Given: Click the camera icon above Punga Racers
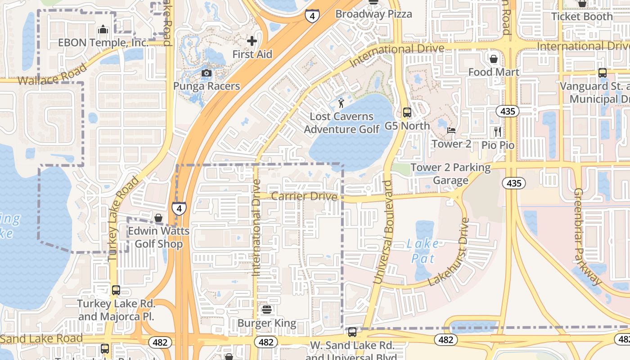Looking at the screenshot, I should tap(207, 73).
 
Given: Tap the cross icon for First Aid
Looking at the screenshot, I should tap(252, 41).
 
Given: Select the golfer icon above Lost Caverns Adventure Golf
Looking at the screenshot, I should tap(342, 103).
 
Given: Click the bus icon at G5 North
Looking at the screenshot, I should tap(407, 112).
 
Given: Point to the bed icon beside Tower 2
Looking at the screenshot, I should tap(451, 130).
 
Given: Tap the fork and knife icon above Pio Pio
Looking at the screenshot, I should tap(498, 131).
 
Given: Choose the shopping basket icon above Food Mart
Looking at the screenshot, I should tap(494, 59).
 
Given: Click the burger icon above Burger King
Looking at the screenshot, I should tap(267, 310).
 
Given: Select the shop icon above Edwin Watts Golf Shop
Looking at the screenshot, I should tap(158, 218).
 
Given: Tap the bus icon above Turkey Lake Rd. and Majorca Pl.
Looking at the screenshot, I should tap(116, 290).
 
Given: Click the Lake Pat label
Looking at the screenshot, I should tap(423, 251).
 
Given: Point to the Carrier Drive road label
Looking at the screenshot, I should tap(304, 197).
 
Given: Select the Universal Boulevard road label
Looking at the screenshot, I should tap(383, 232).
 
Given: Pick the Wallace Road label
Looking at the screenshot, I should tap(53, 74).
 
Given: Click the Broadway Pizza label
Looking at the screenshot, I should tap(373, 14).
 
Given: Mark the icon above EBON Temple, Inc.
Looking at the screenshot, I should tap(103, 30).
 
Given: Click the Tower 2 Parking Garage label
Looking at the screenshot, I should tap(450, 174).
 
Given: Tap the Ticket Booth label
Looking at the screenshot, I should tap(582, 17).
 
